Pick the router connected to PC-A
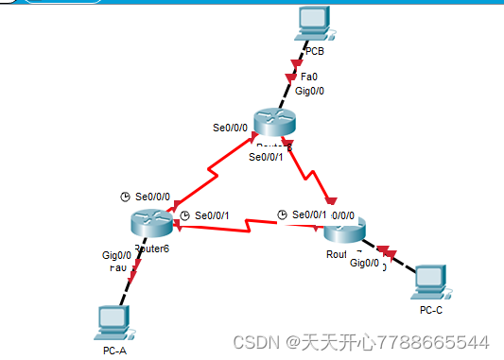tap(150, 224)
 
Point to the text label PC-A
tap(115, 351)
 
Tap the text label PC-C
tap(430, 309)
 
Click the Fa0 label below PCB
tap(308, 77)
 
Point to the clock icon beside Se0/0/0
tap(125, 197)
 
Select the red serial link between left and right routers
tap(246, 225)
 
